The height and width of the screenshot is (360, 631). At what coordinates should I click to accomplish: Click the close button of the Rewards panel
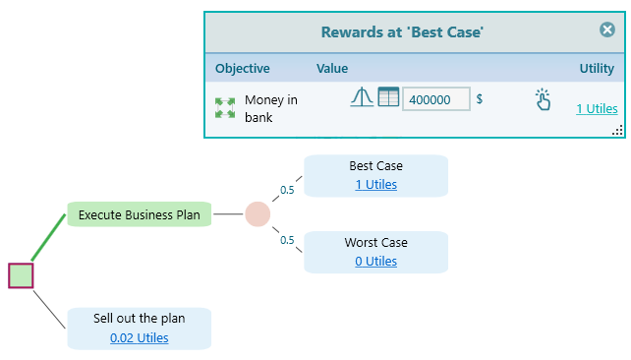click(607, 30)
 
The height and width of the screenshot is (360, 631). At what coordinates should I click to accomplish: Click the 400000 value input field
click(435, 99)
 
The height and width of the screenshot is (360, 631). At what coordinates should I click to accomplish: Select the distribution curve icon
click(362, 98)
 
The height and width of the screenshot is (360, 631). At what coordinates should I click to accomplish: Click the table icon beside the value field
click(388, 98)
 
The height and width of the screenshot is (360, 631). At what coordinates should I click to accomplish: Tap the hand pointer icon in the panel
click(543, 99)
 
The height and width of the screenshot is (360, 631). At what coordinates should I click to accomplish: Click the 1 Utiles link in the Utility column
click(597, 108)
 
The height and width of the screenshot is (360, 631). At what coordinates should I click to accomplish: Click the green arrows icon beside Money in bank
click(225, 108)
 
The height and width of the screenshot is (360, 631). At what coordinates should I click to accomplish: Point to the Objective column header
click(242, 69)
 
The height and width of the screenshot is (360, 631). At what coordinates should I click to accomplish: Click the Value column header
click(332, 69)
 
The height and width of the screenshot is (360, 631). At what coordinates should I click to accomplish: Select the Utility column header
click(597, 69)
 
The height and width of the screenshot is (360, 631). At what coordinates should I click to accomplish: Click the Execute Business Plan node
click(139, 213)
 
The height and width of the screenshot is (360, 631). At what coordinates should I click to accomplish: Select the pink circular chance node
click(258, 213)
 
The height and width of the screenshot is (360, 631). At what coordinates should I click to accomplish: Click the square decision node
click(21, 275)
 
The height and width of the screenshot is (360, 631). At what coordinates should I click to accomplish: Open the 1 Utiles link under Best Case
click(375, 184)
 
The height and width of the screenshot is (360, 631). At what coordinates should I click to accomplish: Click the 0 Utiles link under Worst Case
click(375, 261)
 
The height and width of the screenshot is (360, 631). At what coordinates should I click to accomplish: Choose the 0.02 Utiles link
click(139, 337)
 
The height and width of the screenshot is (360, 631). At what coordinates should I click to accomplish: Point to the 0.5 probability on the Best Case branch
click(287, 190)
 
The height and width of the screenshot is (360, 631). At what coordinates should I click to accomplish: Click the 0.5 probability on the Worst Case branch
click(287, 239)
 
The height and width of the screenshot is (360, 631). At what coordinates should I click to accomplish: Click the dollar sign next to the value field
click(480, 99)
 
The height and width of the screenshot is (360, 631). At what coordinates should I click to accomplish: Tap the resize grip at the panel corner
click(617, 131)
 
